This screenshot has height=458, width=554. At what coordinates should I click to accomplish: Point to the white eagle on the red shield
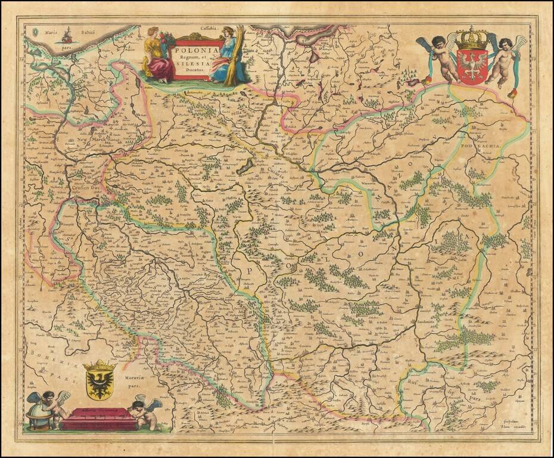[x=472, y=63]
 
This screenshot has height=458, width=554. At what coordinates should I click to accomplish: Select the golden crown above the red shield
[x=472, y=39]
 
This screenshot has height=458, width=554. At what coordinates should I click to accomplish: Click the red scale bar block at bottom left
[x=98, y=419]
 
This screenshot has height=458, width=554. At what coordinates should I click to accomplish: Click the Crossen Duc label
[x=86, y=186]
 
